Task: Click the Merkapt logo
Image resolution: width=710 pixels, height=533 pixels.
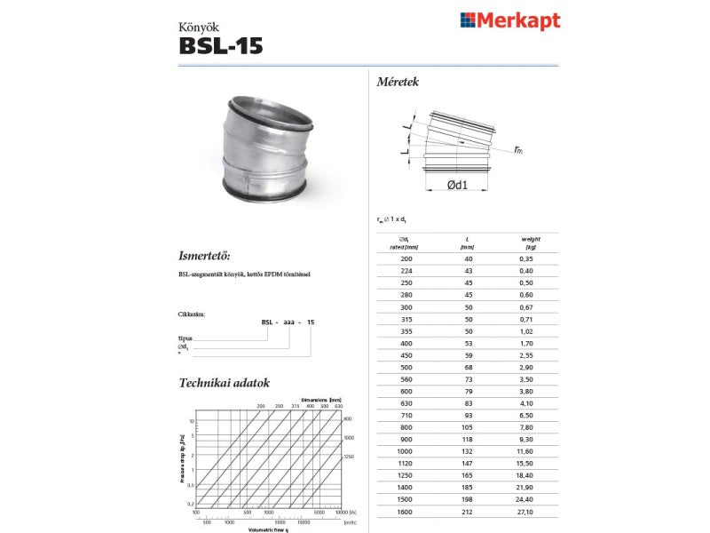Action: pos(509,20)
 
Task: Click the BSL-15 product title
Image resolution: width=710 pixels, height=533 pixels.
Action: pos(221,46)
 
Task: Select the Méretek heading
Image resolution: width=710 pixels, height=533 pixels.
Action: pos(398,82)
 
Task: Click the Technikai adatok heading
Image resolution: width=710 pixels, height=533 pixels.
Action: pos(225,383)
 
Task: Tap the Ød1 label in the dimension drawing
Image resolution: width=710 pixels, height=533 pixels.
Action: pos(458,184)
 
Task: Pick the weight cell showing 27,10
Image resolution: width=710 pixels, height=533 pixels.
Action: pos(531,512)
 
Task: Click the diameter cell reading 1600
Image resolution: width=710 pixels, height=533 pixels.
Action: pos(406,512)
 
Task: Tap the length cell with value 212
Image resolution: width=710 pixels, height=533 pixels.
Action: pos(469,512)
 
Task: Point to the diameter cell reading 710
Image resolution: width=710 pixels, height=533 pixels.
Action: pos(406,414)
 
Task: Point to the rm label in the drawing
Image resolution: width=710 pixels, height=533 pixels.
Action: pos(517,150)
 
